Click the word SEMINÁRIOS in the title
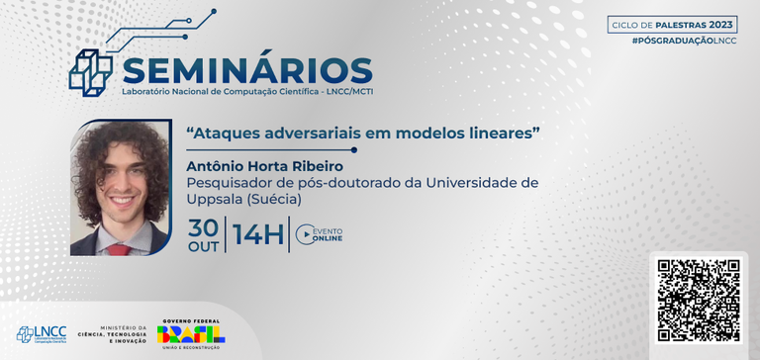coord(246,69)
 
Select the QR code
coord(699,300)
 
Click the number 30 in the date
coord(205,226)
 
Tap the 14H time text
coord(258,235)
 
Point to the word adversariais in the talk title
coord(307,132)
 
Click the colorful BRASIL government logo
coord(198,333)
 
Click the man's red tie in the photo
coord(118,249)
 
